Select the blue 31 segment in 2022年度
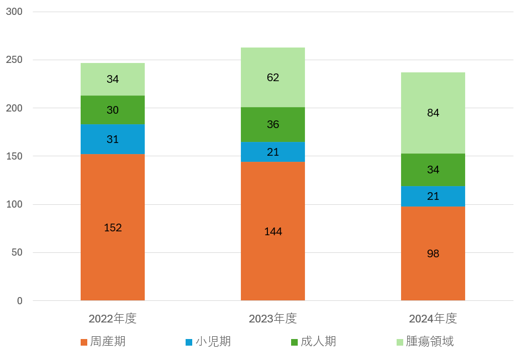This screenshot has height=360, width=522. [113, 140]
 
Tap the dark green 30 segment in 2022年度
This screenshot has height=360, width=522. [113, 110]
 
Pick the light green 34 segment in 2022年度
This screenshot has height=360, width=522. [113, 80]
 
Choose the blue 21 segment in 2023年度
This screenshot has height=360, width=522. [273, 152]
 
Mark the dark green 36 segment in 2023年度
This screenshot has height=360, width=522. [273, 125]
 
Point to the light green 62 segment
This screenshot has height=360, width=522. [273, 77]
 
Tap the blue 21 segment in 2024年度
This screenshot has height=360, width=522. [433, 197]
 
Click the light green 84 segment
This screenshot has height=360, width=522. [433, 113]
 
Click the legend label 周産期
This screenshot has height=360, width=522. [108, 342]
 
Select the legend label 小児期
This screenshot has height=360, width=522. [213, 342]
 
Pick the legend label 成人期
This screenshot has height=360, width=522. [318, 342]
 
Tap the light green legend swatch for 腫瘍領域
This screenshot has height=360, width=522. [400, 342]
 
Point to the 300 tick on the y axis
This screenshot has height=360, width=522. [14, 12]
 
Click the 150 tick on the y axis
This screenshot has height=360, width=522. [14, 156]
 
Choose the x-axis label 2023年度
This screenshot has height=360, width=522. [273, 319]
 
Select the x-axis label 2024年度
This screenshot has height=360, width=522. [433, 319]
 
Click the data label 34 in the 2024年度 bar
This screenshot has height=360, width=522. [433, 170]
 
